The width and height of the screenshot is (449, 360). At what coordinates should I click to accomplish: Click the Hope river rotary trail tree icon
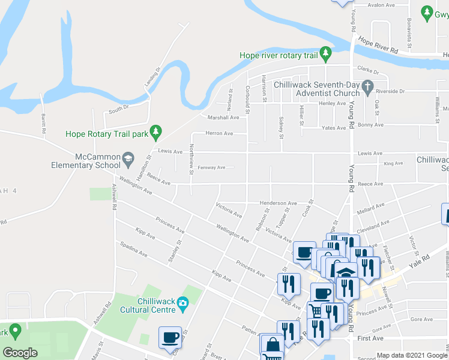[x=326, y=55]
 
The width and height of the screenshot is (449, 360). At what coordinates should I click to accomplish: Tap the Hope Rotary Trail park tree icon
[x=156, y=130]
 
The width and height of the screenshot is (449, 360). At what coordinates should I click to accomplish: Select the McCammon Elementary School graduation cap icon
[x=128, y=158]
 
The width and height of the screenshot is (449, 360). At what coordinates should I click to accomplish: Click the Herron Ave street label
[x=218, y=133]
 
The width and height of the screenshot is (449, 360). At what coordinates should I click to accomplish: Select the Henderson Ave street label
[x=279, y=203]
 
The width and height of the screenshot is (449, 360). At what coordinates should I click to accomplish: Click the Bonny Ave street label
[x=370, y=125]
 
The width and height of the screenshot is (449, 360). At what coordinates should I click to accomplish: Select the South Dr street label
[x=119, y=109]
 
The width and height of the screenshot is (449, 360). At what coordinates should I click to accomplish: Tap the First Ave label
[x=370, y=338]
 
